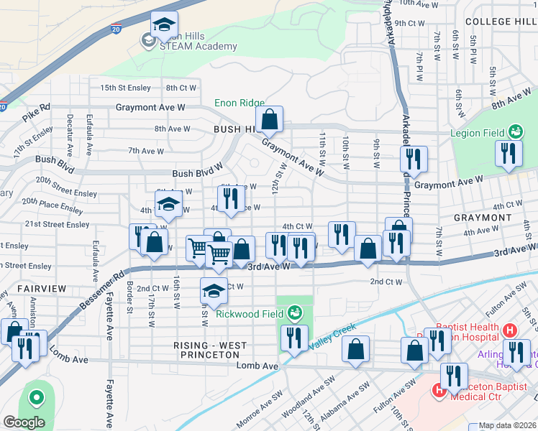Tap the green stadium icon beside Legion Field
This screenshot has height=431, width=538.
(515, 131)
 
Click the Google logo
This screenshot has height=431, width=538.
(23, 422)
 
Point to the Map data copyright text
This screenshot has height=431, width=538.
(508, 425)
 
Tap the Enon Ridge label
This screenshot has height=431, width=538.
(240, 103)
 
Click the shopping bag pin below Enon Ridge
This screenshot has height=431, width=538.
(269, 121)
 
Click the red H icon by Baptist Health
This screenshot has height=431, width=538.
(510, 330)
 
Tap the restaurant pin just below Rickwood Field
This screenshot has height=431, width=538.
(293, 339)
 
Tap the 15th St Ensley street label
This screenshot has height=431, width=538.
(125, 88)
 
